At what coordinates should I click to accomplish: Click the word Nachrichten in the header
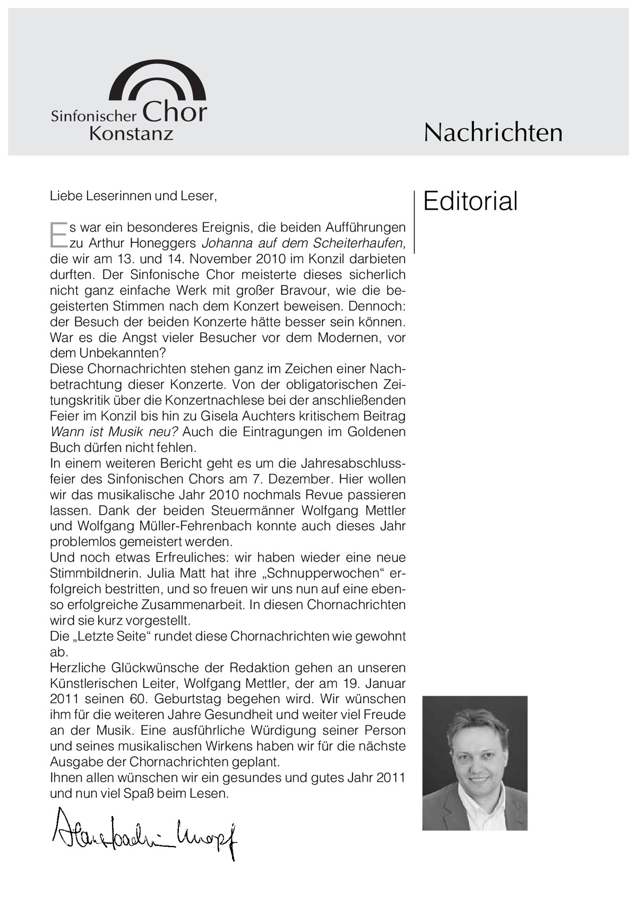[493, 132]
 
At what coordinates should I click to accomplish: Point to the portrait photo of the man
[475, 763]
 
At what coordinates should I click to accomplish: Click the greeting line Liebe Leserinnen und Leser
[133, 196]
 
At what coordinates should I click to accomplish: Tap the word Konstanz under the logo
[131, 133]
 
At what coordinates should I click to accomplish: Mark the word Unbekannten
[122, 353]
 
